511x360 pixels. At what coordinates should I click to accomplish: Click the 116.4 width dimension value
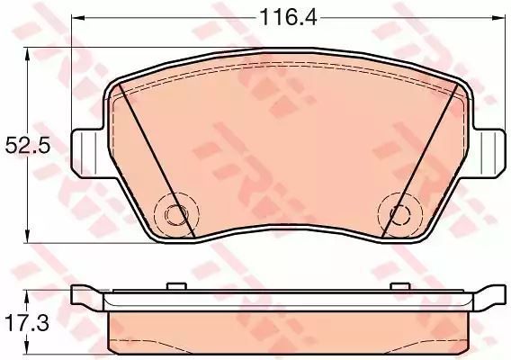288,17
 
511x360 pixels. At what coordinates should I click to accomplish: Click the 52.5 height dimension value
28,146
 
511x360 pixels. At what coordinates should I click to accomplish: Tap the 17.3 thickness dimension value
27,323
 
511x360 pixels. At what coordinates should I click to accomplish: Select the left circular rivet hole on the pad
176,214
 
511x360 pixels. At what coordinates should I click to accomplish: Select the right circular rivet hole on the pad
400,213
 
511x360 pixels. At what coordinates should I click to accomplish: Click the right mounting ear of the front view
488,153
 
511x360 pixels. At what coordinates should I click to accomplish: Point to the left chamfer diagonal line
157,160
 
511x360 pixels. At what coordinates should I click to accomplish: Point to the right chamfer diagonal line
420,160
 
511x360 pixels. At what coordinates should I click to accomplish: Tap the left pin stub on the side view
176,286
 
